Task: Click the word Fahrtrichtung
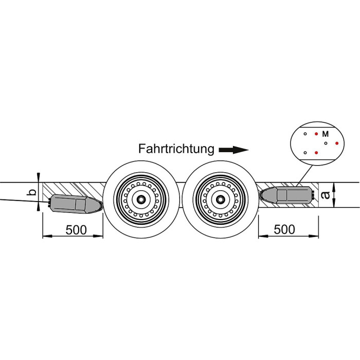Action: (176, 149)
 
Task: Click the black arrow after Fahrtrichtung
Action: (233, 150)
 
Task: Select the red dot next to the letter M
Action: (316, 134)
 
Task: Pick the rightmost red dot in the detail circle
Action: (337, 143)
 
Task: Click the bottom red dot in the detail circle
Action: (316, 153)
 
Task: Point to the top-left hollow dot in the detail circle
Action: (305, 134)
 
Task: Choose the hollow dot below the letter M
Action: (326, 143)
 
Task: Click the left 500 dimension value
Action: (76, 229)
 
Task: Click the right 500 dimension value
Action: (284, 229)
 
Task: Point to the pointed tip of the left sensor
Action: (100, 206)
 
